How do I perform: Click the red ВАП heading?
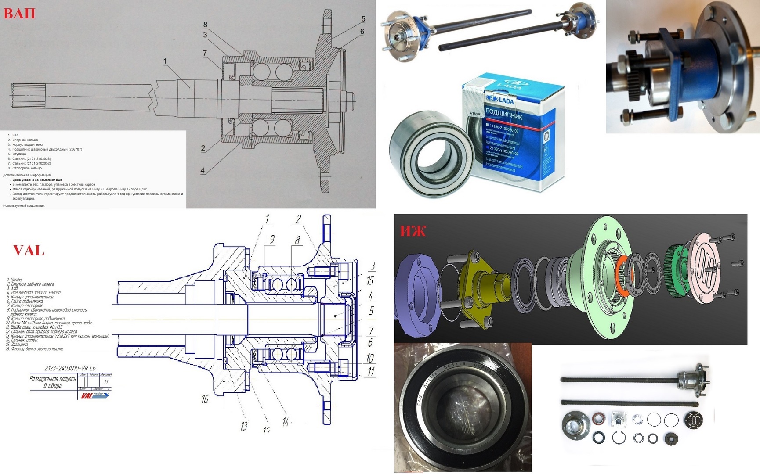click(19, 13)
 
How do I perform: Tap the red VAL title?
click(29, 251)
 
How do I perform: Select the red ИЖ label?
click(413, 231)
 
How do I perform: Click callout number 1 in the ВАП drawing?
click(165, 61)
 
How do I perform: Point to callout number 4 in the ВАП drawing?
click(203, 170)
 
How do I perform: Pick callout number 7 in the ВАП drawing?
click(205, 53)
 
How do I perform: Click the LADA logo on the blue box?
click(500, 101)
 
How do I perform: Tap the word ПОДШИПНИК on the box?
click(504, 114)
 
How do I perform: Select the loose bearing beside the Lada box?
click(431, 154)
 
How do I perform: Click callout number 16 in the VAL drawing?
click(205, 399)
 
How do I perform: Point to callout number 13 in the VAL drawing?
click(244, 426)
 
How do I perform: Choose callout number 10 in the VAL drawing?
click(370, 358)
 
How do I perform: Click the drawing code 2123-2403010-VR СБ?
click(70, 368)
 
